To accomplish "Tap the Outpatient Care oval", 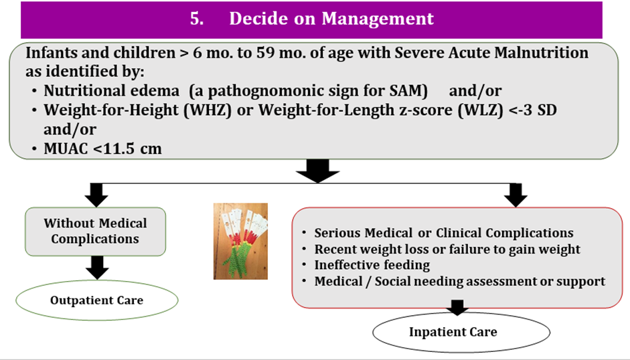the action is (97, 300).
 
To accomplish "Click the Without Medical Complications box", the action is (95, 232).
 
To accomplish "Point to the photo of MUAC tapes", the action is (240, 241).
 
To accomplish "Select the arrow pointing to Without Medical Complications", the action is (96, 195).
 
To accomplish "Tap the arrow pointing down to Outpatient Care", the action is (97, 268).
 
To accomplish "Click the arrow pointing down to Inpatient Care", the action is (457, 308).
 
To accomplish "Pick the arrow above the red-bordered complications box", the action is (516, 195).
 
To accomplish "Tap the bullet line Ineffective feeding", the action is (372, 265).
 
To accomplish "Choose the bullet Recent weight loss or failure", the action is (447, 250).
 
